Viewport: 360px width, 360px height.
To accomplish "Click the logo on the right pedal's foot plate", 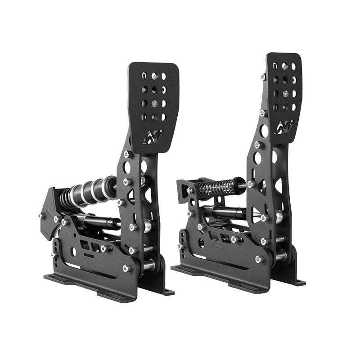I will (283, 126).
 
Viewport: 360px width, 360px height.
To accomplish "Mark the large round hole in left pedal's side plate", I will (127, 167).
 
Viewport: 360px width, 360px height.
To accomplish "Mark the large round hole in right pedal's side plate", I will (258, 158).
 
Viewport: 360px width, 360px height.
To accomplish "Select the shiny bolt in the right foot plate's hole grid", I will (285, 94).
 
